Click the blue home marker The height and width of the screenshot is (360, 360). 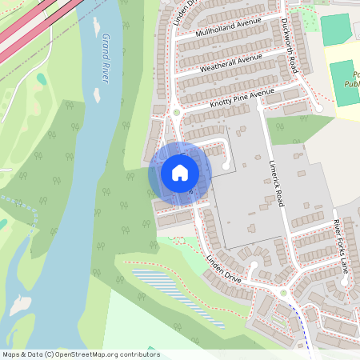coord(180,173)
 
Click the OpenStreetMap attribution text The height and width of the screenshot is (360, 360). coord(80,354)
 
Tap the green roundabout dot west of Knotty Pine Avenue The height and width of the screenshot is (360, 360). coord(176,112)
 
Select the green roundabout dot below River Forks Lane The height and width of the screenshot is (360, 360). coord(283,293)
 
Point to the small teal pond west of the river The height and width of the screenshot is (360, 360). coord(40,79)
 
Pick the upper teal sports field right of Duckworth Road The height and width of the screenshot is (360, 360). coord(335,29)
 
